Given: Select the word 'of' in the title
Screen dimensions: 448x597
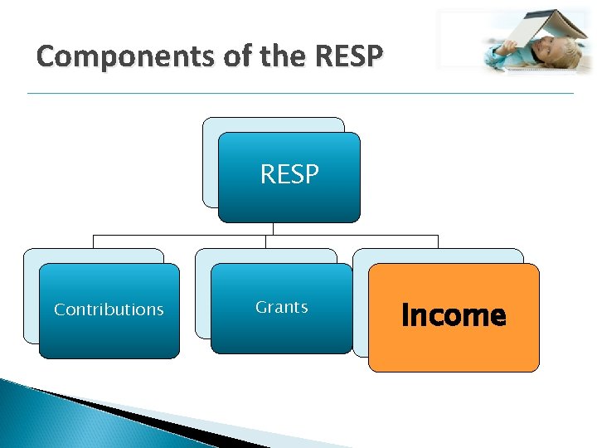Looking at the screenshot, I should click(x=187, y=56).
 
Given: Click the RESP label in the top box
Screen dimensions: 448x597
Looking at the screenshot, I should click(x=289, y=174).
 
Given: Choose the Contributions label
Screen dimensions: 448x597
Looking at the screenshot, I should click(x=109, y=309).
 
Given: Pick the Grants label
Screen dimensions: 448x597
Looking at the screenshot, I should click(x=282, y=307).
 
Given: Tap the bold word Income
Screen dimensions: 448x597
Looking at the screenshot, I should click(x=453, y=315).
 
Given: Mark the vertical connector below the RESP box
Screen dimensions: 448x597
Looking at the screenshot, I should click(x=273, y=229).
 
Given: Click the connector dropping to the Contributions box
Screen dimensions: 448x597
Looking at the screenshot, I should click(x=93, y=241).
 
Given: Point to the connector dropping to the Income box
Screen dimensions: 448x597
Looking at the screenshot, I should click(x=438, y=241).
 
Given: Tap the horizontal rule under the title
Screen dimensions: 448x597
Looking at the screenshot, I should click(x=299, y=93).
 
